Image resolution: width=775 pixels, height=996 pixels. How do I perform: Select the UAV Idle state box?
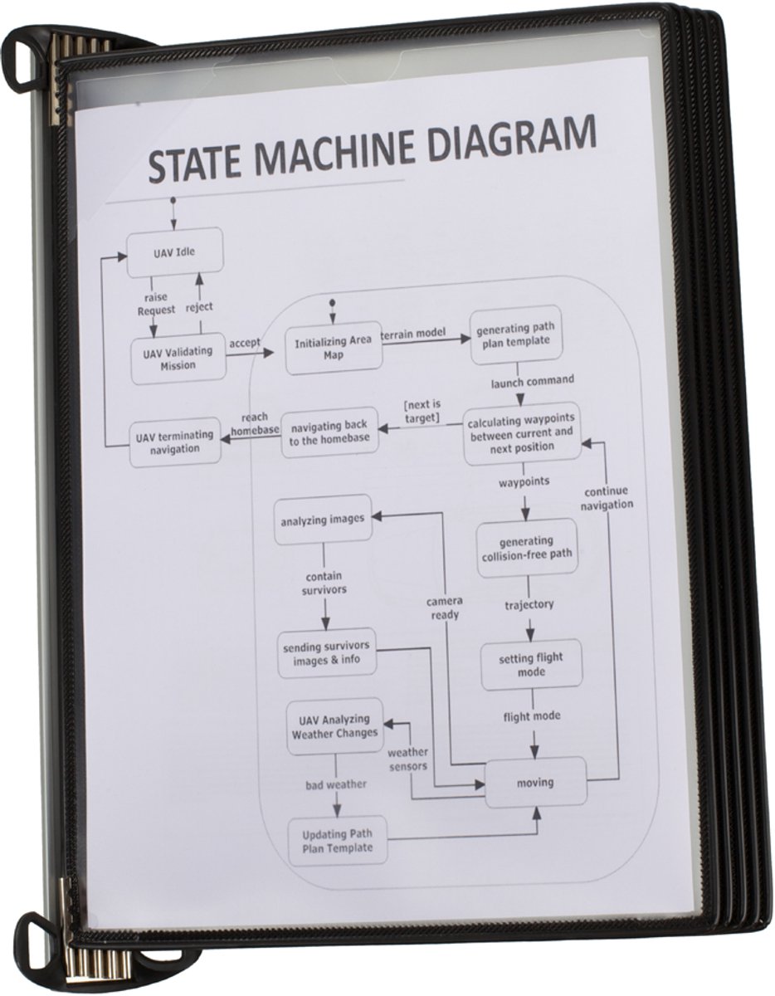click(174, 252)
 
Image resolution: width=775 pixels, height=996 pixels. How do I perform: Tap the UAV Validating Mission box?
click(178, 359)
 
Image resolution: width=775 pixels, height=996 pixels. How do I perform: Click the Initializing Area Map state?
click(333, 348)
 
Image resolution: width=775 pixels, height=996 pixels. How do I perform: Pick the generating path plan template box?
click(516, 334)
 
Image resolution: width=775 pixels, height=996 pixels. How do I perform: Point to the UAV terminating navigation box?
click(174, 442)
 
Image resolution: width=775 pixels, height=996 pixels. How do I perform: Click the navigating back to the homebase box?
click(329, 432)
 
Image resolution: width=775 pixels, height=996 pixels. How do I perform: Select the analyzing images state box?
click(323, 520)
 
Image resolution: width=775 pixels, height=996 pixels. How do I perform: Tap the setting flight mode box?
click(531, 665)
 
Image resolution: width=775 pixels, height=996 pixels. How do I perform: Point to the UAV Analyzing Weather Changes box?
click(335, 726)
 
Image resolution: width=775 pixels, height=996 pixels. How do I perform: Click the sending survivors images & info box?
click(327, 653)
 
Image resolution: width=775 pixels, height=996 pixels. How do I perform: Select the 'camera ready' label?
click(444, 608)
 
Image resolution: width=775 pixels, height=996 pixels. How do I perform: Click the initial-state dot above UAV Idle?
click(173, 200)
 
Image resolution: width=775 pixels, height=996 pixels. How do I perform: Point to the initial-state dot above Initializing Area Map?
click(332, 302)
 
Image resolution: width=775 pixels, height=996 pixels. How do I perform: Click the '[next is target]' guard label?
click(422, 411)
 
